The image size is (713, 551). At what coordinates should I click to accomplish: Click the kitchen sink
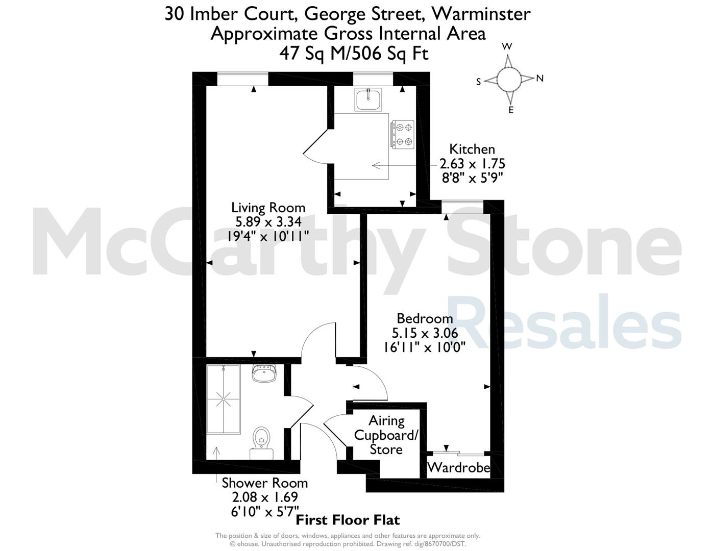coord(368,99)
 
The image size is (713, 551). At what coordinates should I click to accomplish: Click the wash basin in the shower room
coord(265,373)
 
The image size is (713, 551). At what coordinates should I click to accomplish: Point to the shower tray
coord(224,398)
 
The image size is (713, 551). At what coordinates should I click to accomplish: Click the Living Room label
coord(268,208)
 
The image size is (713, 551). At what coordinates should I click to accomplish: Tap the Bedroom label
coord(425,318)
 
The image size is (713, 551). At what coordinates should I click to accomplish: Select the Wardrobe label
coord(458,468)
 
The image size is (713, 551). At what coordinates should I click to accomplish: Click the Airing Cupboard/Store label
coord(386,435)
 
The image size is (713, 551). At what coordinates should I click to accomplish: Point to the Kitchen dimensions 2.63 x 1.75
coord(472,163)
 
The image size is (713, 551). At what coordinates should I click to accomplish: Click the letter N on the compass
coord(540,79)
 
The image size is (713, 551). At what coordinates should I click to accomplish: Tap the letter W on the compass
coord(507,47)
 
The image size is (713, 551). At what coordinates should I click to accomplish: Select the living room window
coord(242,79)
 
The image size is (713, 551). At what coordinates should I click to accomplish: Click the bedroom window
coord(462,207)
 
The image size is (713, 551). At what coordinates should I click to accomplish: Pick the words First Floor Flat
coord(348,520)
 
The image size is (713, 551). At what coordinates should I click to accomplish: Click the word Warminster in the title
coord(481,14)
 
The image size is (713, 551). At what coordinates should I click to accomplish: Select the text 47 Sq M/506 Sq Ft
coord(354,53)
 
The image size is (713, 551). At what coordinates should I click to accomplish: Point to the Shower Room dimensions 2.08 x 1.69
coord(265,497)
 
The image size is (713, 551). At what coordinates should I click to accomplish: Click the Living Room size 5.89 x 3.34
coord(268,222)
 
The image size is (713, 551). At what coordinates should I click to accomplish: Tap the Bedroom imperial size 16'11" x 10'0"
coord(425,347)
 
